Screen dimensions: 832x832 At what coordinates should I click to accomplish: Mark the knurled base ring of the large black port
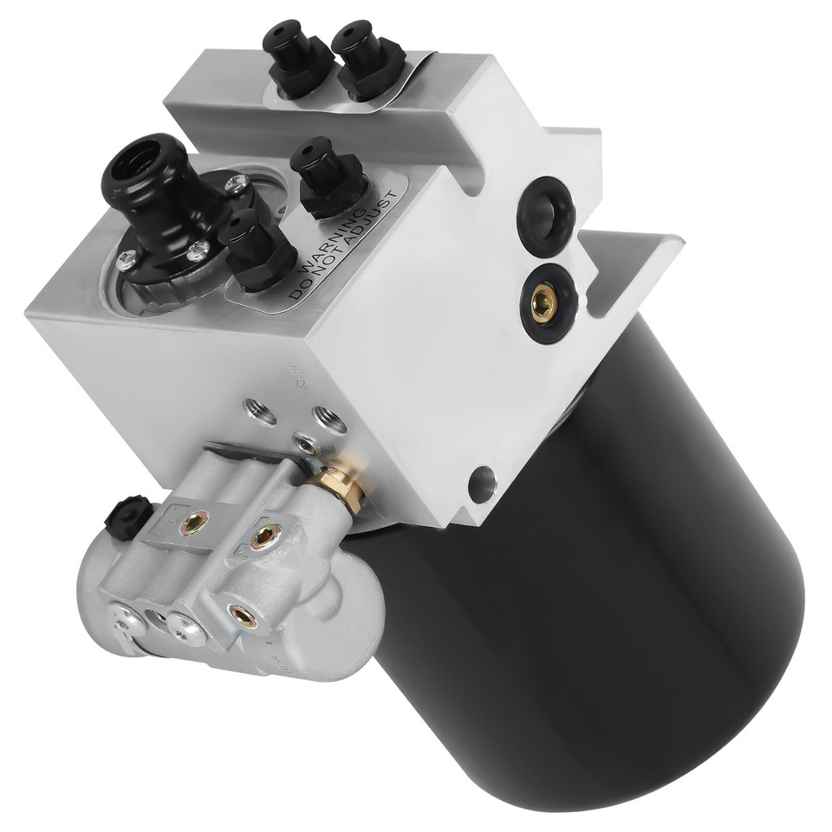[160, 277]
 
